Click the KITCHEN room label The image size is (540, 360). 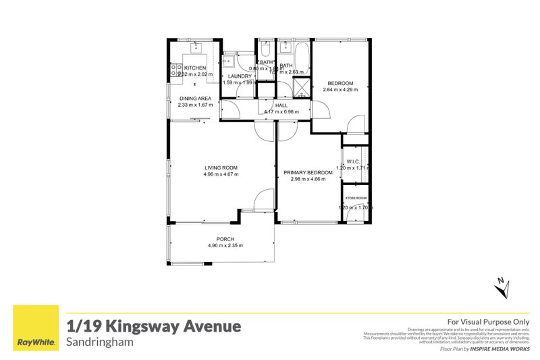click(195, 68)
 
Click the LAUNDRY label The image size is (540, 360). click(239, 76)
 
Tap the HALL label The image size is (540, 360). click(281, 105)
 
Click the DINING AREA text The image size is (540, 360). click(195, 99)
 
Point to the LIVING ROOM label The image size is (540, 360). click(221, 168)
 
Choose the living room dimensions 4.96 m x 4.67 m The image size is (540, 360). click(221, 174)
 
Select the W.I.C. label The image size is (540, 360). click(354, 161)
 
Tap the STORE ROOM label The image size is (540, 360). click(355, 198)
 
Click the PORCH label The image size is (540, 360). click(225, 239)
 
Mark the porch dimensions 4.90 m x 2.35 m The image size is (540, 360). click(225, 245)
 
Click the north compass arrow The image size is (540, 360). click(500, 287)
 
